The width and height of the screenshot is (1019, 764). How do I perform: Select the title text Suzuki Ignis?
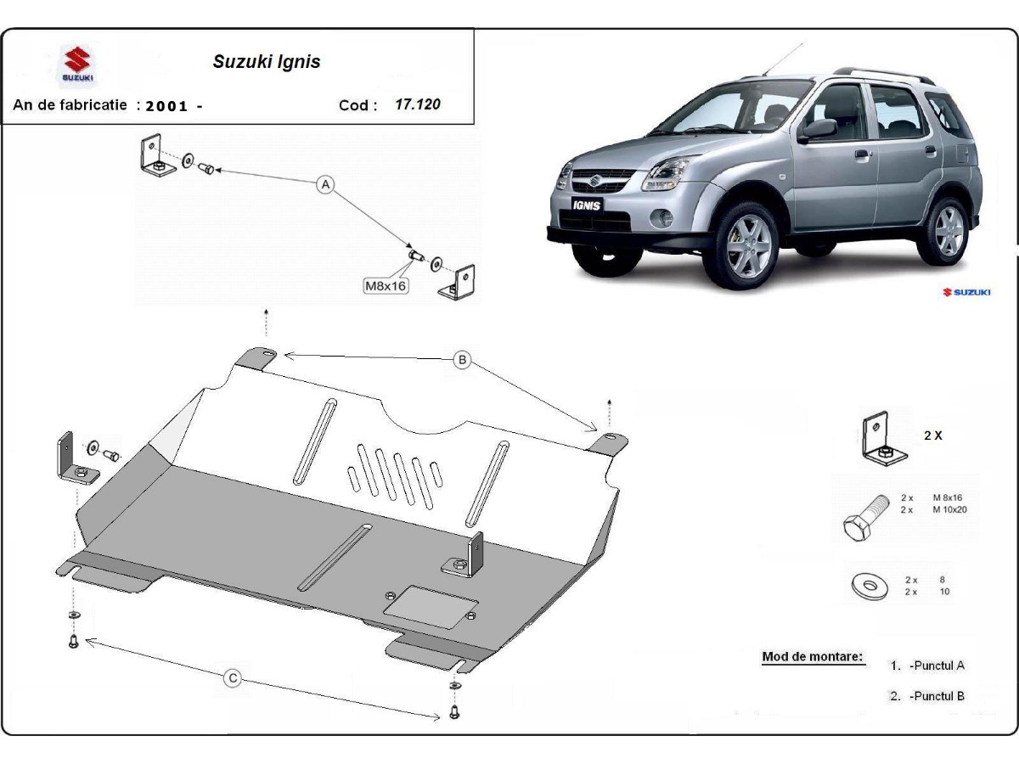pos(266,62)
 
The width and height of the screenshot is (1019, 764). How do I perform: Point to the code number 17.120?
pos(418,104)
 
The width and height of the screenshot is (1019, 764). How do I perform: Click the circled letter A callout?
pos(324,185)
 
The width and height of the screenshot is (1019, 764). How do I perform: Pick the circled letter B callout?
pos(462,360)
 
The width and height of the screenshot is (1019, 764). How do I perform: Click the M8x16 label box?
pos(386,286)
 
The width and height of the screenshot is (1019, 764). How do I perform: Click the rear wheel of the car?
pos(948,229)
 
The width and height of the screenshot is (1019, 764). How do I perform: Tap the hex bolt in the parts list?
pos(863,519)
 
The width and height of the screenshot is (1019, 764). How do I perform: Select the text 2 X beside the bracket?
pos(932,435)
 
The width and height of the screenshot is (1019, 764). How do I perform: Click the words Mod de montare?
pos(812,656)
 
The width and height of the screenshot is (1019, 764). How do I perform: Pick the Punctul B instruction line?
pos(927,696)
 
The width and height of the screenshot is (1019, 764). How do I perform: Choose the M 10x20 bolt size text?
pos(949,509)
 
